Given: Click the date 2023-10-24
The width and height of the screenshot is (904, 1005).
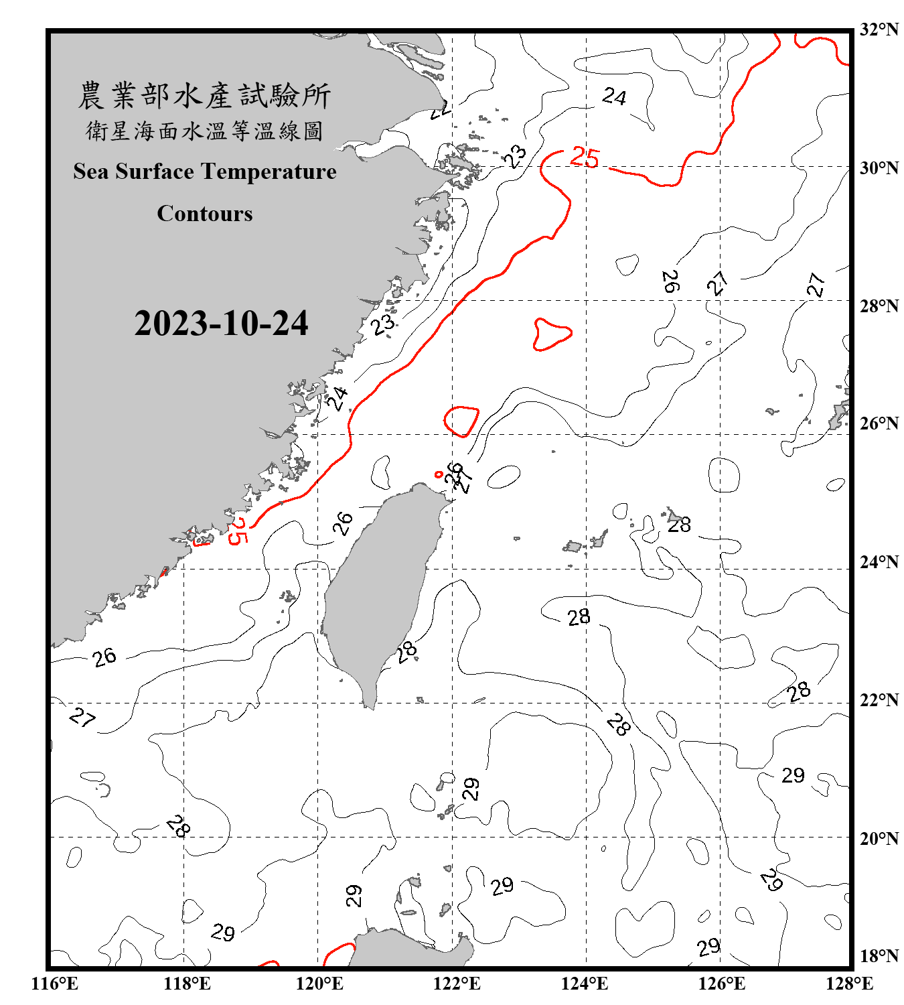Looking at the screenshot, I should tap(221, 324).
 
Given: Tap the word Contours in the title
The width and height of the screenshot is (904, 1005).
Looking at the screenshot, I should tap(205, 214).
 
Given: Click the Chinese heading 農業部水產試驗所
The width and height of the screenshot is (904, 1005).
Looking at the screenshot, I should tap(204, 96).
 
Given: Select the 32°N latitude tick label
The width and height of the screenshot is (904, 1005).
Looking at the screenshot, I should tap(879, 29).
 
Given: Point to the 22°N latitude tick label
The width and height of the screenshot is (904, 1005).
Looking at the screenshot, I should tap(879, 700).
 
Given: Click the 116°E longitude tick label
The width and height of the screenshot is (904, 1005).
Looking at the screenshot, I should tap(55, 984).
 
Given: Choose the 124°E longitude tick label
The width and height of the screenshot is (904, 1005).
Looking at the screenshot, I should tap(585, 984).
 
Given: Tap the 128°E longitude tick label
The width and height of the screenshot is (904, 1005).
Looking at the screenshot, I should tap(849, 984).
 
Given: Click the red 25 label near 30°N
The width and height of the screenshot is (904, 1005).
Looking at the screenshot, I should tap(585, 158).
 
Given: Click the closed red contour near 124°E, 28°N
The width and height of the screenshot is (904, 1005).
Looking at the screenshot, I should tap(552, 334).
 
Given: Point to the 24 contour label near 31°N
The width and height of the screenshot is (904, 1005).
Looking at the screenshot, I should tap(614, 97).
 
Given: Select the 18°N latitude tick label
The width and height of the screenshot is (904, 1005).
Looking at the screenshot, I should tap(879, 956).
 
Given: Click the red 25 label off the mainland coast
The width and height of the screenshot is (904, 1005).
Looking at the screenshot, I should tap(238, 531).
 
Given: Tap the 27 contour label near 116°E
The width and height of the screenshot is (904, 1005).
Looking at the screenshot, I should tap(82, 718).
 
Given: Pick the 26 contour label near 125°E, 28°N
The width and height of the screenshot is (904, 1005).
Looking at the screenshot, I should tap(670, 281).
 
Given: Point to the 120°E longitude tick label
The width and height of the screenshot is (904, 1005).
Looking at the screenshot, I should tap(319, 984).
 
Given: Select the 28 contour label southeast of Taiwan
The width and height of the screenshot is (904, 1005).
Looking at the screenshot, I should tap(406, 651).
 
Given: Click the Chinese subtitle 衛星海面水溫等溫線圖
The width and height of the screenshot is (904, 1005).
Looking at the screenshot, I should tap(204, 131).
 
